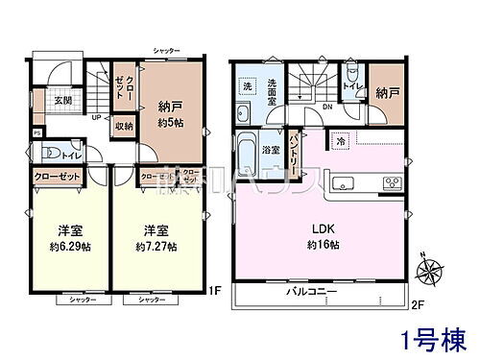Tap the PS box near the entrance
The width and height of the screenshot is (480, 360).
[36, 132]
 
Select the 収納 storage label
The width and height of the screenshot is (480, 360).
[125, 124]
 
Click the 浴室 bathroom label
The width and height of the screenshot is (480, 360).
[271, 150]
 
